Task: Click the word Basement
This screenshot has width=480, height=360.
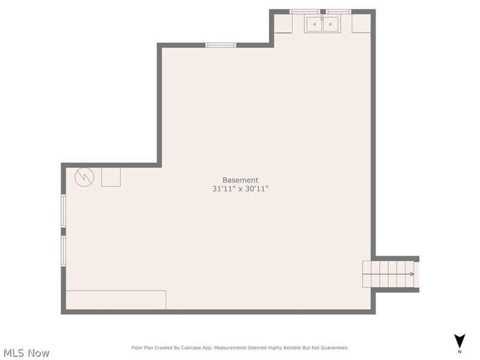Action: coord(240,180)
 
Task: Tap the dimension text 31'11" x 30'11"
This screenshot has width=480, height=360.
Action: coord(240,189)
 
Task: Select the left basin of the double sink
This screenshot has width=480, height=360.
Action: coord(314,24)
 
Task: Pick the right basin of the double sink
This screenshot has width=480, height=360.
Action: coord(330,24)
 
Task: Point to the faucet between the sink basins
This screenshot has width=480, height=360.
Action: coord(322,19)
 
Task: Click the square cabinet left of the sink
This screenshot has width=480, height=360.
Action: coord(283,23)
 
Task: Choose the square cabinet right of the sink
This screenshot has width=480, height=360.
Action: coord(361,23)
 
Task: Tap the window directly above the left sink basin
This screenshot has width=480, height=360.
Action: coord(305,11)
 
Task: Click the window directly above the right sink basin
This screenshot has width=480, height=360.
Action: coord(339,11)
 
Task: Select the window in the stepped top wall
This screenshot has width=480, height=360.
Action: coord(221,45)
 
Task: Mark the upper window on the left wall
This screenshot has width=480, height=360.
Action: coord(64,211)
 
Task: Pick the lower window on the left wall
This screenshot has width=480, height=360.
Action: coord(64,251)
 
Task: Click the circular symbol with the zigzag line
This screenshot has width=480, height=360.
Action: coord(84,176)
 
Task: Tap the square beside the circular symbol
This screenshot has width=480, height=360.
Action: coord(111,177)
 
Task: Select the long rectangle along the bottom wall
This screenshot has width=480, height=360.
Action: coord(116,300)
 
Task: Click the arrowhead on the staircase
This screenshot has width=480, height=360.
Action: coord(412,274)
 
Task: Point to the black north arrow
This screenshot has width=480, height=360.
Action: coord(460,340)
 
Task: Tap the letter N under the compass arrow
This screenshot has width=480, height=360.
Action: coord(460,352)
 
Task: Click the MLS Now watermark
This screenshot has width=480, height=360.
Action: coord(26,353)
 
